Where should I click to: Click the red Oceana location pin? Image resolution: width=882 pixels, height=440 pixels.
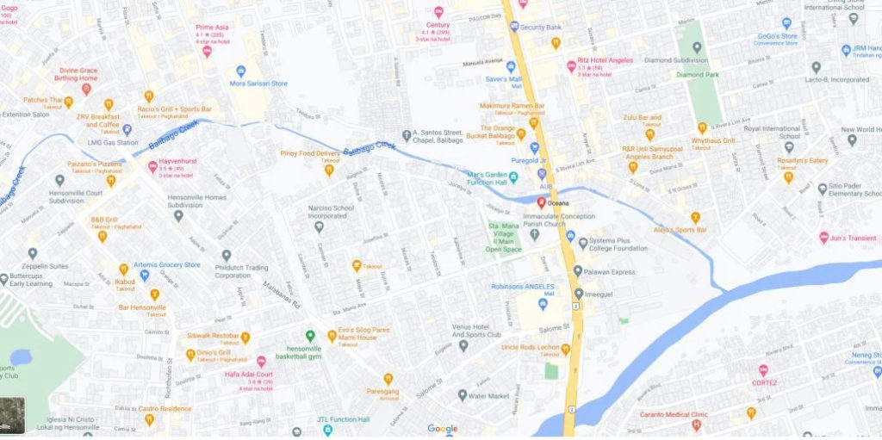(541, 201)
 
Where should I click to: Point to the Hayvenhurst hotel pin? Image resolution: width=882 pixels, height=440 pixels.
(152, 165)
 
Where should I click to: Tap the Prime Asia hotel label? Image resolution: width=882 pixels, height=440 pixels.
(211, 27)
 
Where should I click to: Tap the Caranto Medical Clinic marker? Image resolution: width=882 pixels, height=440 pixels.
(697, 424)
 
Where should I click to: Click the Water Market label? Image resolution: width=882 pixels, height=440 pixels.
(489, 396)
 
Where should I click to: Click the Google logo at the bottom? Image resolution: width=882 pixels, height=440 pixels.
(443, 429)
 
